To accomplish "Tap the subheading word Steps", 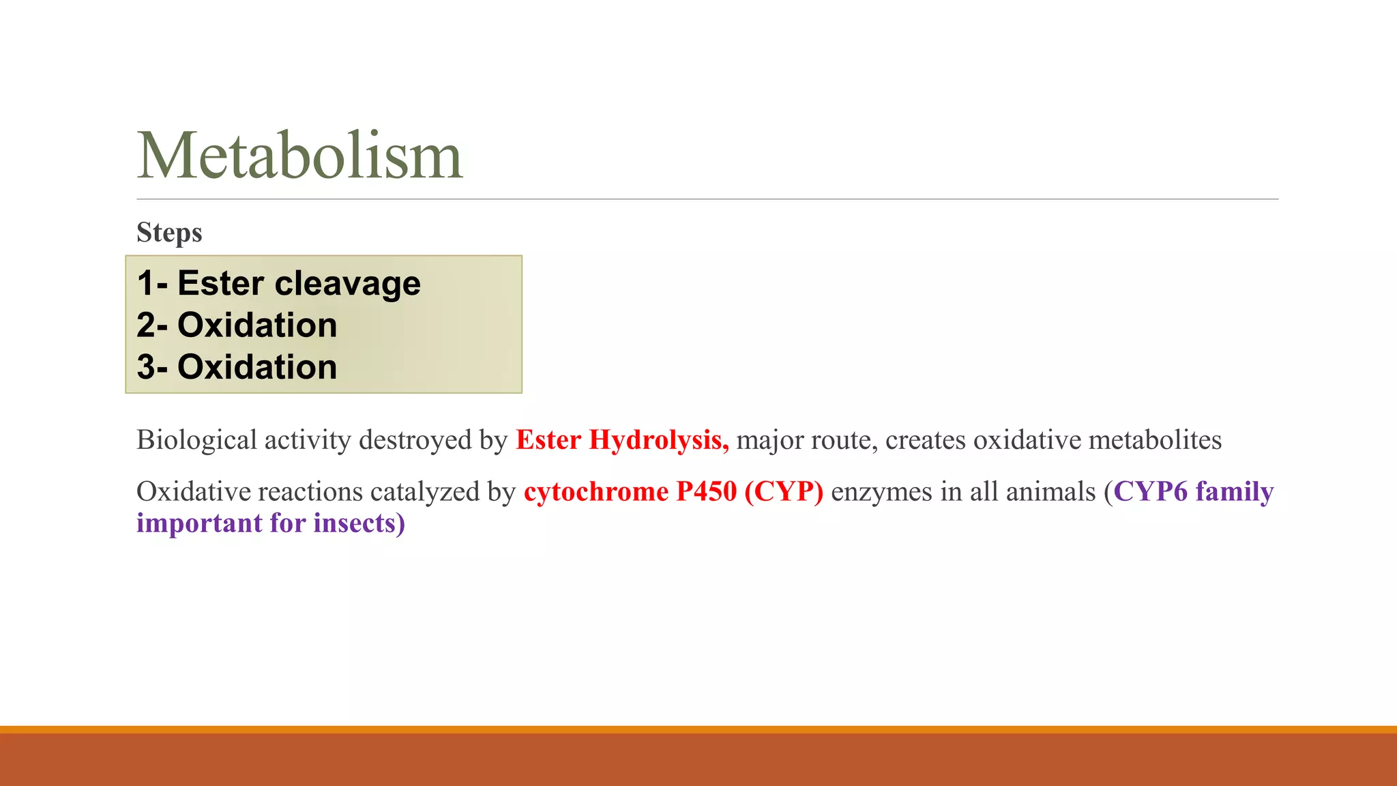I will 169,233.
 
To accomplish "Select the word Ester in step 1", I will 220,283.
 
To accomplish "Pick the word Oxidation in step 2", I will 257,325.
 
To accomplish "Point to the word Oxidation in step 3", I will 257,367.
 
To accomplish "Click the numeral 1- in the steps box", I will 152,283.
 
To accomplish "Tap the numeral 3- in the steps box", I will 152,367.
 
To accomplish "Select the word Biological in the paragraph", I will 196,440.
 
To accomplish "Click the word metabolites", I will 1154,440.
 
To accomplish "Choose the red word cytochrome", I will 596,492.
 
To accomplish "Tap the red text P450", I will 707,492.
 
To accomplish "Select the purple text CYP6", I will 1151,492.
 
